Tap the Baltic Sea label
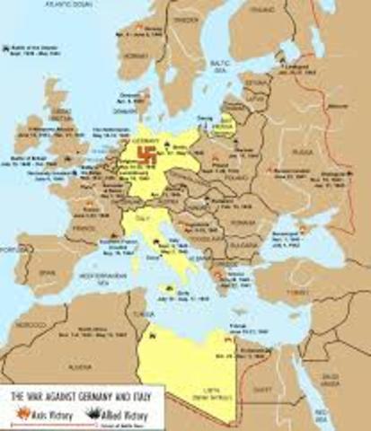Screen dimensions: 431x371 pyautogui.click(x=213, y=65)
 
